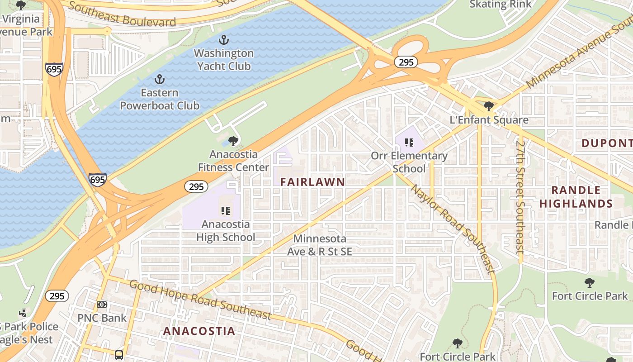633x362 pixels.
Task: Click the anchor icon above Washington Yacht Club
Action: (223, 40)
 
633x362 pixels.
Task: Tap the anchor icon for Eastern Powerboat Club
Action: (159, 80)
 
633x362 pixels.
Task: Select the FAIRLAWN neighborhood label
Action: (312, 182)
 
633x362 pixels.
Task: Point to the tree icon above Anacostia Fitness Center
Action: (233, 141)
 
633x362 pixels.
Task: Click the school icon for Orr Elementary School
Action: (409, 143)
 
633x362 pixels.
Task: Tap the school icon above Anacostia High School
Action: (225, 210)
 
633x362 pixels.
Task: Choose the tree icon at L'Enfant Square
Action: (488, 107)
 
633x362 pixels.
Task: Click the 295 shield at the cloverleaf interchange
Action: (406, 62)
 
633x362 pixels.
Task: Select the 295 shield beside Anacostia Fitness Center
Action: (196, 186)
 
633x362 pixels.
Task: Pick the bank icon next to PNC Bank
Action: (102, 305)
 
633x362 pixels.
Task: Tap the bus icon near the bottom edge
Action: (119, 355)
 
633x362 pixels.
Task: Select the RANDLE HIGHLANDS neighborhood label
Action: (576, 197)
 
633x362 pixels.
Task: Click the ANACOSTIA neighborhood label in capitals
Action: (199, 331)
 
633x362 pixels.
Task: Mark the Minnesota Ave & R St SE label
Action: (319, 245)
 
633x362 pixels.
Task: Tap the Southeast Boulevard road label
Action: (122, 15)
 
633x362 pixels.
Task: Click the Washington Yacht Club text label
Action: (223, 59)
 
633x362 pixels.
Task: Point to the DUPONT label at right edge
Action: (606, 143)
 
